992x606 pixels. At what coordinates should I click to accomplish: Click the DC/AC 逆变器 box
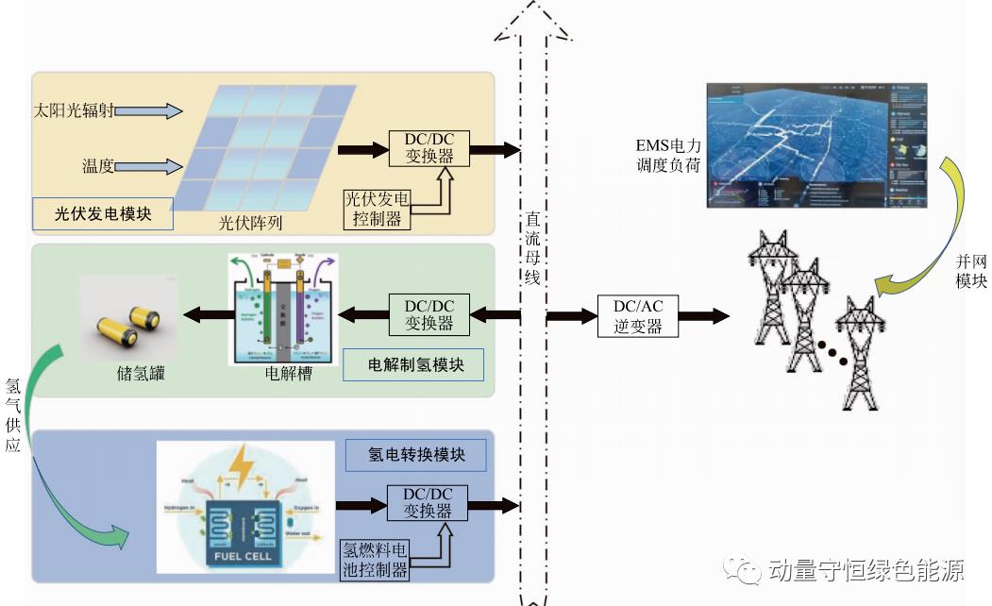640,316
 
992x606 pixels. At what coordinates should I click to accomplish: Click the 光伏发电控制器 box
378,209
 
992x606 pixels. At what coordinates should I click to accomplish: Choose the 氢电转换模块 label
416,455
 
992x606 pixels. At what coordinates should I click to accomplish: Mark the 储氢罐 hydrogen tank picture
126,318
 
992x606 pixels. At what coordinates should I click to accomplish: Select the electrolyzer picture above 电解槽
283,310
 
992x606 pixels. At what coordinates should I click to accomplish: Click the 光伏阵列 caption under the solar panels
251,224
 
